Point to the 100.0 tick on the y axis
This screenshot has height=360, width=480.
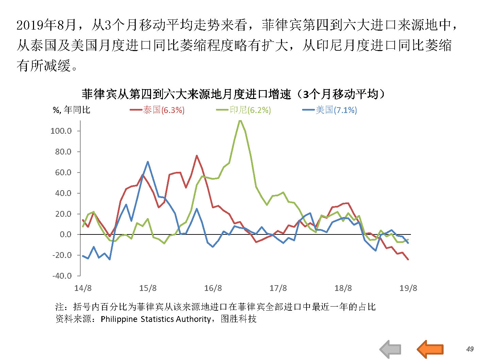(61, 131)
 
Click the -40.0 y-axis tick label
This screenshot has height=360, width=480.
(62, 276)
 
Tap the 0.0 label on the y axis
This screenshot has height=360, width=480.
(65, 234)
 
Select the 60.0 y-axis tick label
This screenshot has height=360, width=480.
(63, 173)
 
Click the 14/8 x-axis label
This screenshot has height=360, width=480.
(83, 288)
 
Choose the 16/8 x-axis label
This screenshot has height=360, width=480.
(213, 288)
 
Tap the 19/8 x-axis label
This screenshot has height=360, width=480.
(408, 288)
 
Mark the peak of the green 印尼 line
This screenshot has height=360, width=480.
(240, 120)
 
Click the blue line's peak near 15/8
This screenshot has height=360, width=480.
(148, 162)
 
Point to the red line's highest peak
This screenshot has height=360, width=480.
(197, 156)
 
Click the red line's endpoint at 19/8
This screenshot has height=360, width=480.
(408, 260)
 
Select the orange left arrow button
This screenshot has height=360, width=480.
(430, 349)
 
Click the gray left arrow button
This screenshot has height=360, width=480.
(390, 349)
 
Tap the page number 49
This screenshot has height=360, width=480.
(470, 349)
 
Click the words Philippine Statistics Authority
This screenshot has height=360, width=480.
(156, 319)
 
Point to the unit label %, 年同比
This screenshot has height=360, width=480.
(72, 110)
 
